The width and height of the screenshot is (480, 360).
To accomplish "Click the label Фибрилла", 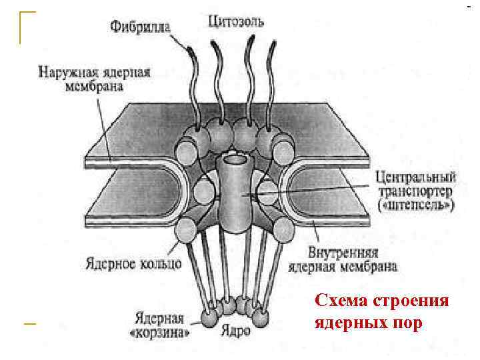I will point(140,27).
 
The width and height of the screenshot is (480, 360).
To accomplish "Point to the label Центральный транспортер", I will point(415,185).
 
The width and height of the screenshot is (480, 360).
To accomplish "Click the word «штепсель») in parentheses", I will point(415,206).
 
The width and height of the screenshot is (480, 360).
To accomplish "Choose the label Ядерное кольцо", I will point(133,263).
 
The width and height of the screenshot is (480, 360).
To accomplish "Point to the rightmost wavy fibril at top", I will point(273,80).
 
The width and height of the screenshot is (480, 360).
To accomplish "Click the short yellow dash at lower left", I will point(28,323).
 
